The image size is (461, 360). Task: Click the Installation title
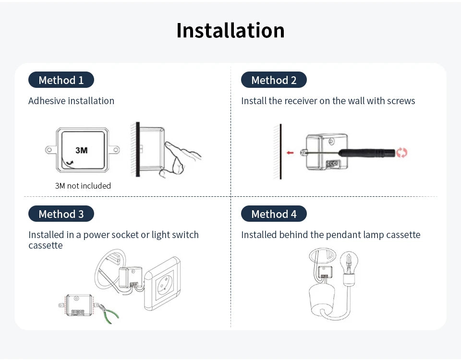230,30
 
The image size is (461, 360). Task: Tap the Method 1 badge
61,80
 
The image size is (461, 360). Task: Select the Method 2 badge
274,80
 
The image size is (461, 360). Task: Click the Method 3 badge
61,214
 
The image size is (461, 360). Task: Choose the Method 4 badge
274,214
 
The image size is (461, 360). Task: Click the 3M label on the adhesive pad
82,150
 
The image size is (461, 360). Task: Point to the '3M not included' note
83,186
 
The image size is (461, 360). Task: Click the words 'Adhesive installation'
71,101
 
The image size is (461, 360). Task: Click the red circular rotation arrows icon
402,153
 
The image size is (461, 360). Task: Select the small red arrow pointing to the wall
290,153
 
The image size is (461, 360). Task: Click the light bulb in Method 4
349,263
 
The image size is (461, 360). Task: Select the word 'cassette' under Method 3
46,245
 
